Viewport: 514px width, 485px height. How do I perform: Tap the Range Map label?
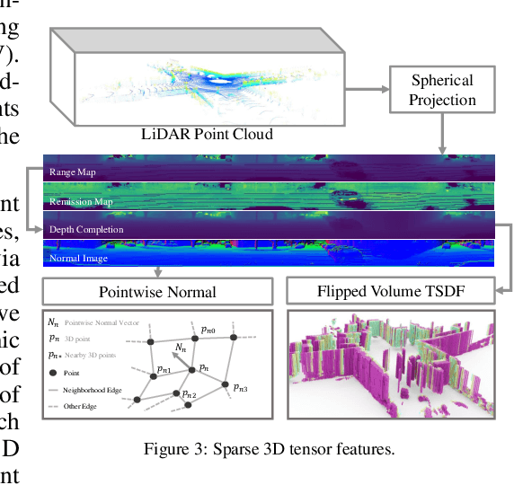pyautogui.click(x=73, y=171)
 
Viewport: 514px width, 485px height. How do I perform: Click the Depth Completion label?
pyautogui.click(x=88, y=230)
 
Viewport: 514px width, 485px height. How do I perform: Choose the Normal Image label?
pyautogui.click(x=79, y=259)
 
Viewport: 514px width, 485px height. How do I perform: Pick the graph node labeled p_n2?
pyautogui.click(x=189, y=404)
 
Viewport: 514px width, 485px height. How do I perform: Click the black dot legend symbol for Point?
pyautogui.click(x=54, y=371)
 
